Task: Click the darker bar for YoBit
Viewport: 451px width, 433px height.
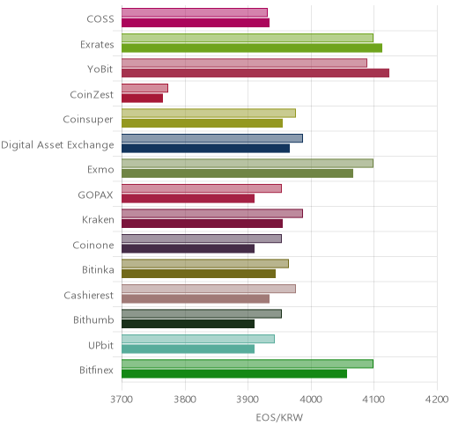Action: pyautogui.click(x=255, y=73)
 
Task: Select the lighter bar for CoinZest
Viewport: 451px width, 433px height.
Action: pyautogui.click(x=144, y=88)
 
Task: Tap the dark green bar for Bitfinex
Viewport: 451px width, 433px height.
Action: pyautogui.click(x=234, y=374)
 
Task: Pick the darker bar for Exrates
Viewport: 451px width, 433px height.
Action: pyautogui.click(x=252, y=48)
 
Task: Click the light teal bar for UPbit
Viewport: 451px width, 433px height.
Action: pyautogui.click(x=198, y=339)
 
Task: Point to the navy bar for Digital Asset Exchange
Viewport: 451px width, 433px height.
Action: pyautogui.click(x=205, y=148)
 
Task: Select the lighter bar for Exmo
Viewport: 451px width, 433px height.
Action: pyautogui.click(x=248, y=163)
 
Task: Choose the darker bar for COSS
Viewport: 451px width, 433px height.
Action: pyautogui.click(x=196, y=23)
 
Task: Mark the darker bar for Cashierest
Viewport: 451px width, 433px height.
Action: pyautogui.click(x=196, y=299)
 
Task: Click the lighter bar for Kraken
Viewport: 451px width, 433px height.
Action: pyautogui.click(x=212, y=213)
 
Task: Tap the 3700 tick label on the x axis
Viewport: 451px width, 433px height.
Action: pyautogui.click(x=122, y=400)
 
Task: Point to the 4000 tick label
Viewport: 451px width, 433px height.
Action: pyautogui.click(x=311, y=400)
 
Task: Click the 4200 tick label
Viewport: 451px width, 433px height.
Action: pyautogui.click(x=437, y=400)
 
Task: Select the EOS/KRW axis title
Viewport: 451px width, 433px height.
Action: pyautogui.click(x=279, y=417)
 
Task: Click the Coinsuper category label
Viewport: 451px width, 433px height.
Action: pyautogui.click(x=88, y=120)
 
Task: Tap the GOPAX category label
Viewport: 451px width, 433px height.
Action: pyautogui.click(x=96, y=194)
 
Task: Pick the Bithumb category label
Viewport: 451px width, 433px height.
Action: pyautogui.click(x=93, y=319)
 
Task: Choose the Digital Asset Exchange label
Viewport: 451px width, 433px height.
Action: pyautogui.click(x=57, y=145)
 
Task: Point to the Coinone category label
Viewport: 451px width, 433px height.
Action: pyautogui.click(x=93, y=245)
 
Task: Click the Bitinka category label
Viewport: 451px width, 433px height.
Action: pyautogui.click(x=98, y=269)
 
